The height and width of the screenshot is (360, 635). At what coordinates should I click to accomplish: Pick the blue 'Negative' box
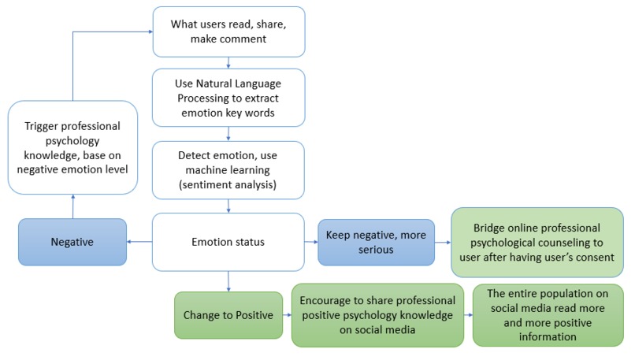click(x=73, y=242)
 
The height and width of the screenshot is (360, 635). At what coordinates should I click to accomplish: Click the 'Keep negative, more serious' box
click(x=376, y=241)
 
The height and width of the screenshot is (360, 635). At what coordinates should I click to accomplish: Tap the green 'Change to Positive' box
click(x=227, y=315)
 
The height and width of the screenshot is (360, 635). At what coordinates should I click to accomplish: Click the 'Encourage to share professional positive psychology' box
click(x=377, y=315)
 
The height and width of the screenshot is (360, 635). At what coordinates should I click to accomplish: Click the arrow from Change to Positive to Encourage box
click(x=287, y=315)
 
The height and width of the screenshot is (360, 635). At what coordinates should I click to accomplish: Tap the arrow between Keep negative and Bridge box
click(x=442, y=241)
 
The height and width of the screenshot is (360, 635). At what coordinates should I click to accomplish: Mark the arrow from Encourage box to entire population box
click(x=468, y=315)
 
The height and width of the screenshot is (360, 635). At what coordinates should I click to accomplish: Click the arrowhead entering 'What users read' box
click(x=149, y=32)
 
